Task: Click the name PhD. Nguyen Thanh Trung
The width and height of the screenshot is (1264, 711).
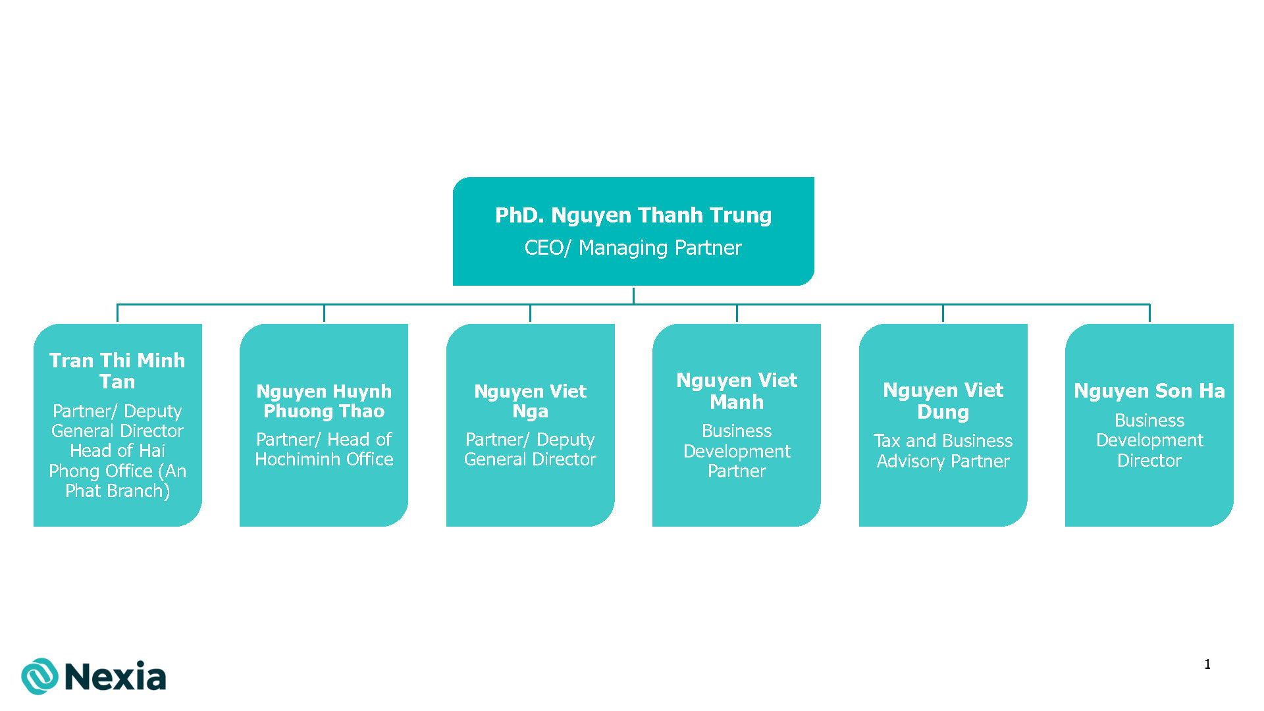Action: pos(633,215)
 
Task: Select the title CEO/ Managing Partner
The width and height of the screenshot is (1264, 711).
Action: pos(633,248)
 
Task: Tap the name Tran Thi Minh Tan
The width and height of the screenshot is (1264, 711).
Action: pos(117,371)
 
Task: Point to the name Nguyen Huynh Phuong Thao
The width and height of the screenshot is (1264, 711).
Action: pos(324,401)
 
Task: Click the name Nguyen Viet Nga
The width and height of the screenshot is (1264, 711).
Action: pos(530,401)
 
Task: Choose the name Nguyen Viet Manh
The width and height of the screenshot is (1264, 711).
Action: pos(737,391)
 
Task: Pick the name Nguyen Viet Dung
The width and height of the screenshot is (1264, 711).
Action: pos(943,401)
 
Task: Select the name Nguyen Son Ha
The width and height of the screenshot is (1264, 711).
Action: pos(1149,391)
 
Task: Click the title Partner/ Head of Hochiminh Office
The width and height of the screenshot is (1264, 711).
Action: pos(324,449)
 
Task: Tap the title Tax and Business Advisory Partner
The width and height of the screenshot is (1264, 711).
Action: pos(943,451)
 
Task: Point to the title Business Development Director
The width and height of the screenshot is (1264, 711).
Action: pos(1149,440)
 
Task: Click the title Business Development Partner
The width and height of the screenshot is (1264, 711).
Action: pos(737,451)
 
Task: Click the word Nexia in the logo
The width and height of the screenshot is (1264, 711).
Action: pos(116,677)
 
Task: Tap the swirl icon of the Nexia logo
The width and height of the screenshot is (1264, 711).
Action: pos(39,676)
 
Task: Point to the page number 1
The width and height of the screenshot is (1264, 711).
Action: pos(1207,664)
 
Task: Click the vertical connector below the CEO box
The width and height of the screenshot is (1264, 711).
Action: pos(633,296)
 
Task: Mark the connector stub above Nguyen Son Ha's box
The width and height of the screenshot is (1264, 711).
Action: pos(1149,313)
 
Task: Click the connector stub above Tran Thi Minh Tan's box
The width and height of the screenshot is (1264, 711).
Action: pos(117,313)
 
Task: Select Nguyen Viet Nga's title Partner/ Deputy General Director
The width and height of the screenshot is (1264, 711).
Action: pos(530,449)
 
